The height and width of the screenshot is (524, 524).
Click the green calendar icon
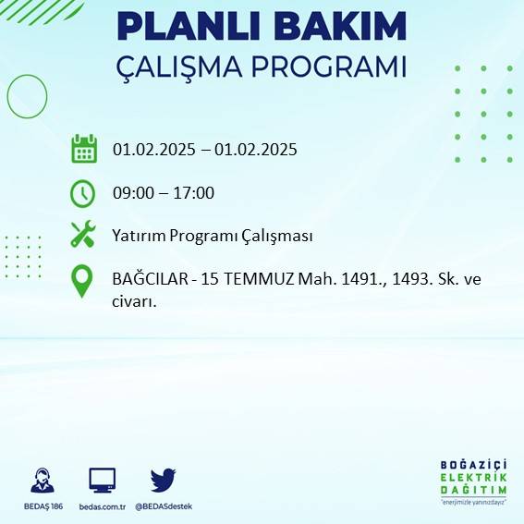84,148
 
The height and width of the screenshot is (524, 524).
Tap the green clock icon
83,193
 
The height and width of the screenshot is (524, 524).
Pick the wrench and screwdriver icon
83,235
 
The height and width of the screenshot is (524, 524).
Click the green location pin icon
83,281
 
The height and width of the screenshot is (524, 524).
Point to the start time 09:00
131,193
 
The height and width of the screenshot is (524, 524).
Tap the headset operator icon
42,481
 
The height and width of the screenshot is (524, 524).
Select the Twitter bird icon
163,480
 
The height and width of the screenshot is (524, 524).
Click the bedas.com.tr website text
101,506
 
